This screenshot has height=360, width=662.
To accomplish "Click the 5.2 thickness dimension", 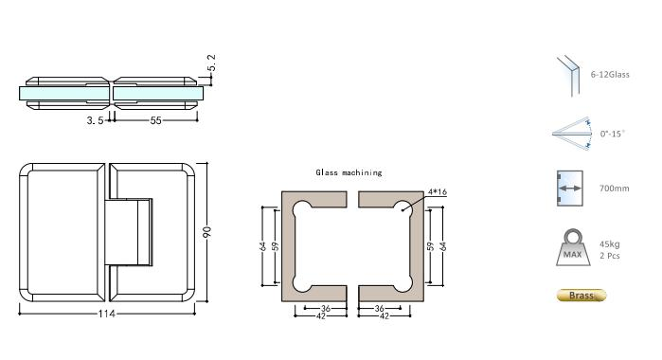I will coord(212,63).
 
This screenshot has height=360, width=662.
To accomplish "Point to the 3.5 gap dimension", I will coord(94,121).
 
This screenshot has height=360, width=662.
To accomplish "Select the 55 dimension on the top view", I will coord(153,121).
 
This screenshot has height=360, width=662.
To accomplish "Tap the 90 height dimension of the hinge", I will coord(207,232).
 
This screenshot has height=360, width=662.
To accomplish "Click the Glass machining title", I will coord(349,172).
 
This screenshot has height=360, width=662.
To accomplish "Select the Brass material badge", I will coord(580,296).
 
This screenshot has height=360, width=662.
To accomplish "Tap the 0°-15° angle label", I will coord(613,135).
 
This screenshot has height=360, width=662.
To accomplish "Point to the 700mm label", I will coord(614,189).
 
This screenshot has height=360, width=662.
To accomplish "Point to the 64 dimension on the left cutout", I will coord(262,245).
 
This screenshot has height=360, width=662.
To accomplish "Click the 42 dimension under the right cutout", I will coord(385,315).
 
